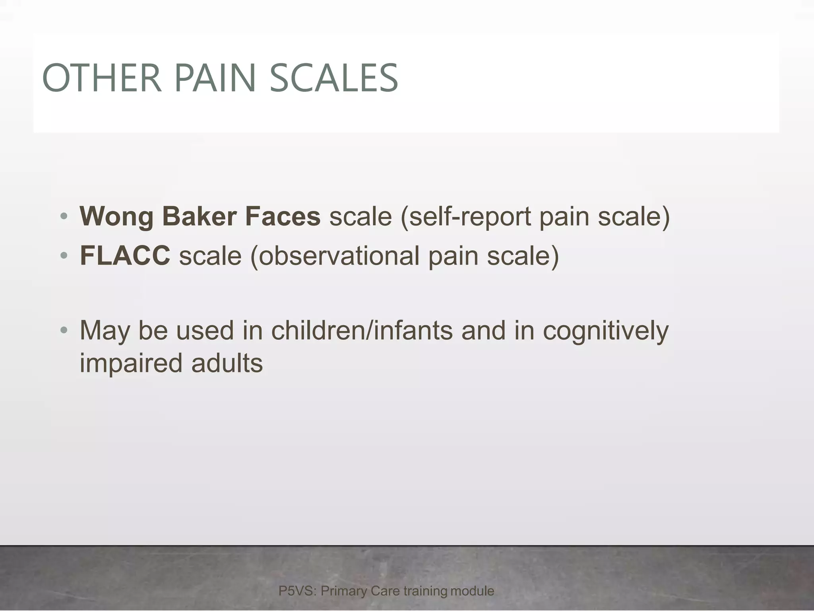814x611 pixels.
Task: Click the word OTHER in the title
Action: (102, 78)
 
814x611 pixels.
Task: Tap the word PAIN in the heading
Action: (215, 78)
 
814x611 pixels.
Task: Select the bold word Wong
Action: (116, 217)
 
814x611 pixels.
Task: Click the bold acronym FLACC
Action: (125, 255)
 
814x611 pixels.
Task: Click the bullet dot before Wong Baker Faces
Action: (64, 217)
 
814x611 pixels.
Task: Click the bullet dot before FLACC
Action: (64, 255)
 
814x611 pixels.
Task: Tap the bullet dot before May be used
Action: (64, 331)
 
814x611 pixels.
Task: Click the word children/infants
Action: (362, 331)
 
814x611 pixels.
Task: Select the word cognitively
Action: (606, 331)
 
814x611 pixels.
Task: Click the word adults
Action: (227, 363)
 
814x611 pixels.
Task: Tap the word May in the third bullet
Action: (105, 331)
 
